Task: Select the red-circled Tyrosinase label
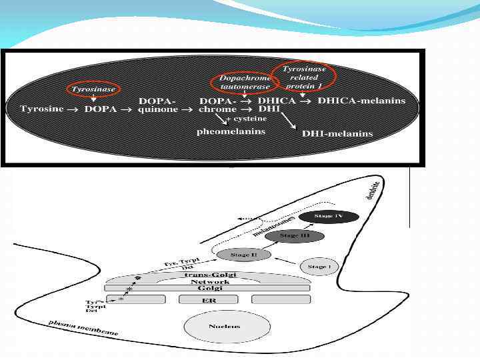(x=94, y=89)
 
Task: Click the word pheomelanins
(x=231, y=131)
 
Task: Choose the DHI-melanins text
(x=337, y=133)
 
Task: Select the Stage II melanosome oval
(x=244, y=255)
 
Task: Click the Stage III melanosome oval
(x=294, y=236)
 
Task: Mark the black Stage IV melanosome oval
(x=329, y=217)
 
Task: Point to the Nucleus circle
(x=224, y=327)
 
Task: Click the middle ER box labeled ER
(x=209, y=300)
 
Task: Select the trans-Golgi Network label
(x=211, y=278)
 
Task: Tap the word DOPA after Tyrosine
(x=101, y=109)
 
